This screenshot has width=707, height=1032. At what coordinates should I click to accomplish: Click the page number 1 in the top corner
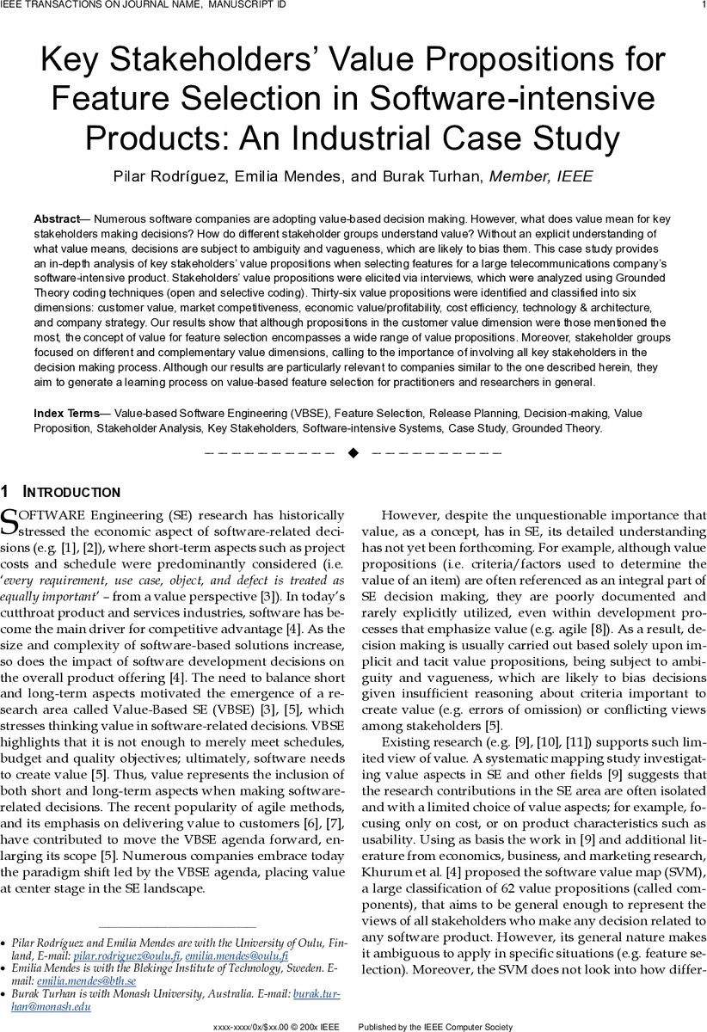click(703, 6)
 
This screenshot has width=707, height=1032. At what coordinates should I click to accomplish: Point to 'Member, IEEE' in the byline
click(540, 177)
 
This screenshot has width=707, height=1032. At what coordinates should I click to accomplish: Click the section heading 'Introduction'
click(71, 493)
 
